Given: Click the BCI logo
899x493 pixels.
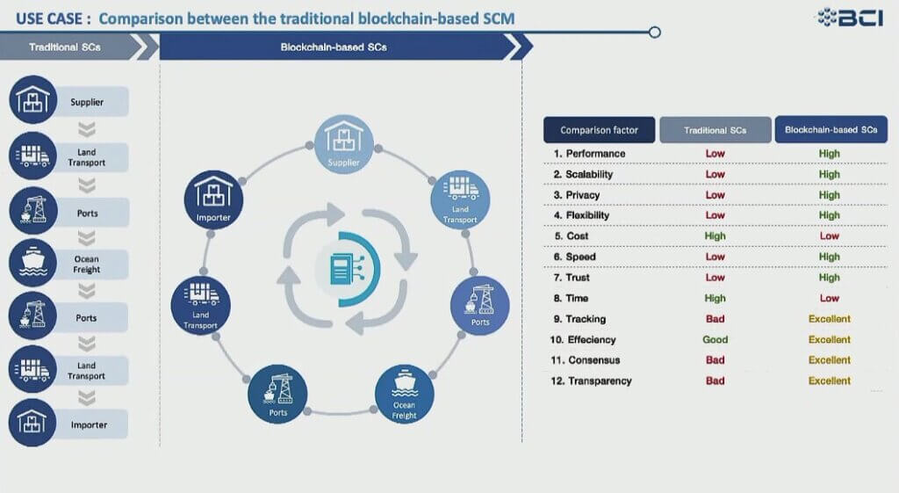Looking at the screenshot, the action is [x=850, y=18].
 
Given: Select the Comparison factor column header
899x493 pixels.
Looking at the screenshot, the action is [x=599, y=130].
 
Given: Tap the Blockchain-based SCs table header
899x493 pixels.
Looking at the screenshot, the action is [x=831, y=130].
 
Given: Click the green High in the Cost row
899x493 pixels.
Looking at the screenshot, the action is [x=715, y=236].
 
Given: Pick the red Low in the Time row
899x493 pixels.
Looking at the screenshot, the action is [x=829, y=298].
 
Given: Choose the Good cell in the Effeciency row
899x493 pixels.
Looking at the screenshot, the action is [x=715, y=339].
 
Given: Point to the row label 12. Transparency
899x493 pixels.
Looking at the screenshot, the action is [x=591, y=381].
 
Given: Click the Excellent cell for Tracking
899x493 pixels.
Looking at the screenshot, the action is [x=829, y=318].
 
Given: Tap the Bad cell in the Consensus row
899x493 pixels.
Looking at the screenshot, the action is [x=715, y=359].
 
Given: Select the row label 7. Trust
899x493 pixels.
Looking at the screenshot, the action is [x=572, y=277].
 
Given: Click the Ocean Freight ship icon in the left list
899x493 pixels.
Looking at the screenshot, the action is [x=33, y=262].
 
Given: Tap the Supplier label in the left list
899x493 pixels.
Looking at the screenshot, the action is [x=87, y=102].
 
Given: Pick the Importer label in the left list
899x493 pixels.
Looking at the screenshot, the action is [x=89, y=424].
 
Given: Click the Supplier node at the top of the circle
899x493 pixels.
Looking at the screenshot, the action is [x=344, y=144].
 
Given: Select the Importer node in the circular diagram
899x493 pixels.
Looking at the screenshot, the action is [x=213, y=199].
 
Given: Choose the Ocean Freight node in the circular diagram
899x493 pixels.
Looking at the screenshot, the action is [x=404, y=395].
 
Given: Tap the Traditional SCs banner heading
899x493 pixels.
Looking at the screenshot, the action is [x=65, y=47].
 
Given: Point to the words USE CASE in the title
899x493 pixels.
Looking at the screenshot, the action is [x=54, y=18].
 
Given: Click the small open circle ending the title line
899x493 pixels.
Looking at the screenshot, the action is [x=655, y=33].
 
